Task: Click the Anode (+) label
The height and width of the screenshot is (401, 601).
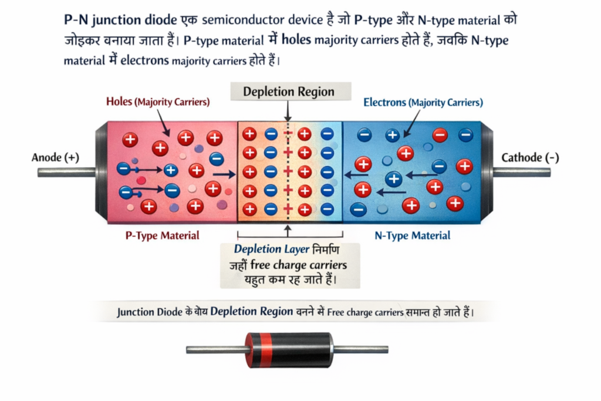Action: (x=55, y=157)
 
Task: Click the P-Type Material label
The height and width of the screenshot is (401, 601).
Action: (x=163, y=235)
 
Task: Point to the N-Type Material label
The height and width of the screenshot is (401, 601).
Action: (x=412, y=235)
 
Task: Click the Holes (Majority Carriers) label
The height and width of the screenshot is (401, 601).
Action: (x=157, y=102)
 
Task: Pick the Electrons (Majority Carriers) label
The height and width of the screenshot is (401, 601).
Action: (x=423, y=102)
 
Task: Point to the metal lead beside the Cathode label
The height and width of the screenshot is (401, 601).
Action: (x=522, y=172)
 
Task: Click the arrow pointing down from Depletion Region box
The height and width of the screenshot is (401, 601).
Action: (x=287, y=112)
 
